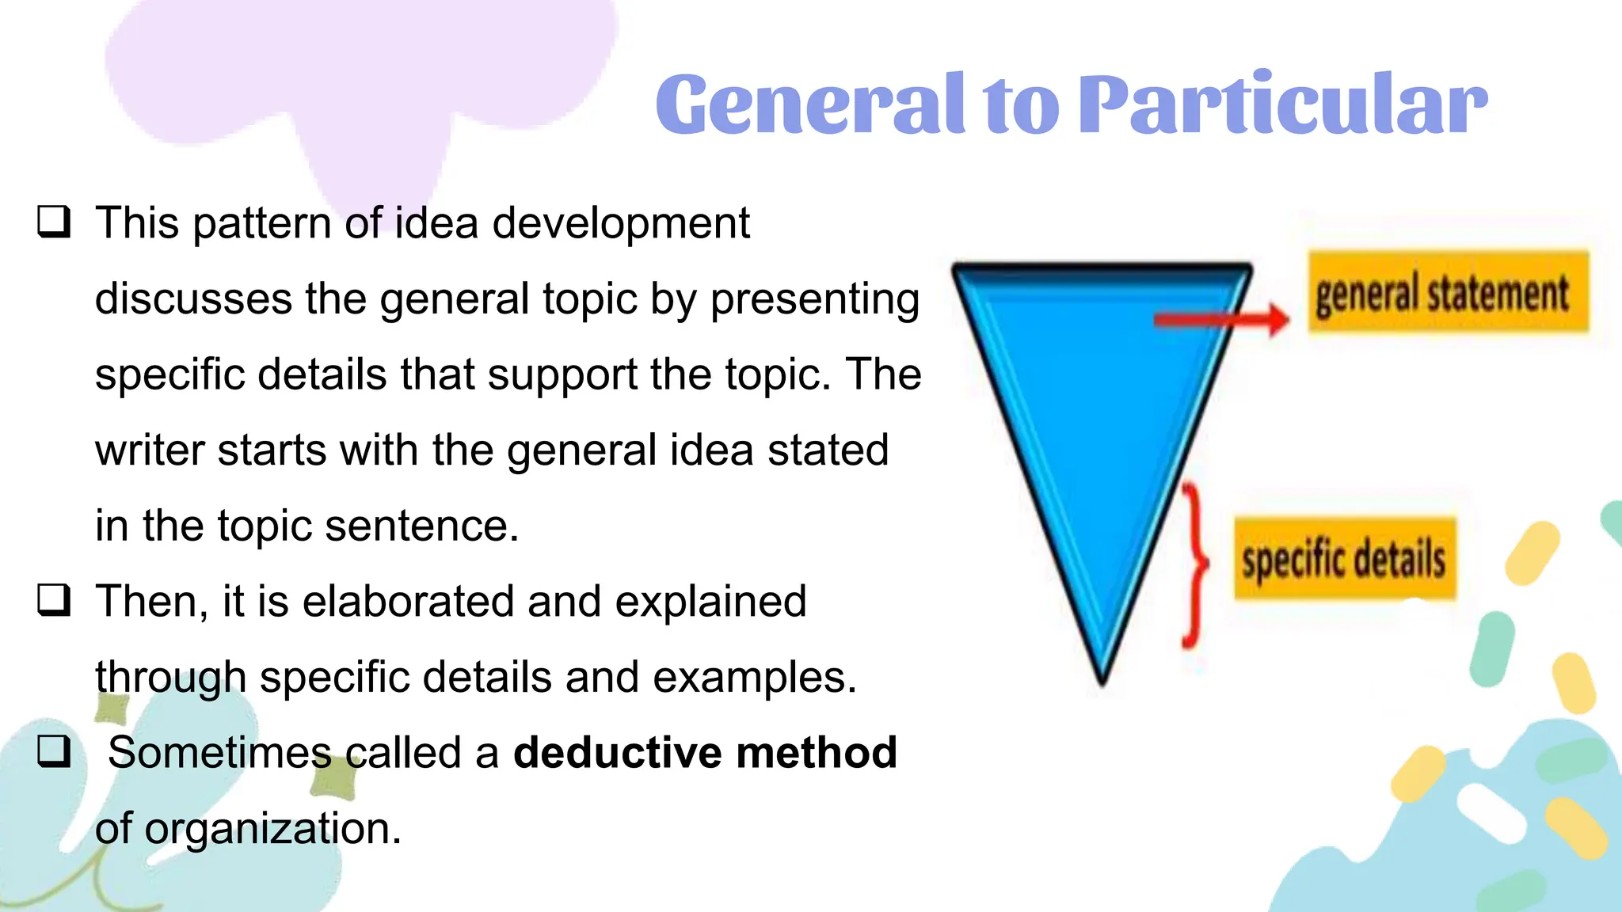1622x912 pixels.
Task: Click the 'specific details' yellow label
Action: [1345, 559]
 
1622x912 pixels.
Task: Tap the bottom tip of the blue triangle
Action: [1102, 677]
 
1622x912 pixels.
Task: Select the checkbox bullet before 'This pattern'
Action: [54, 222]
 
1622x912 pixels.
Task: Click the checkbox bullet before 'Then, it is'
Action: [54, 601]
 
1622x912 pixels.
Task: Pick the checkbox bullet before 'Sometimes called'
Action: [54, 751]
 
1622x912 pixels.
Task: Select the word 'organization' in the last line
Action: [272, 830]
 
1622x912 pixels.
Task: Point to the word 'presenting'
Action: [815, 300]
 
